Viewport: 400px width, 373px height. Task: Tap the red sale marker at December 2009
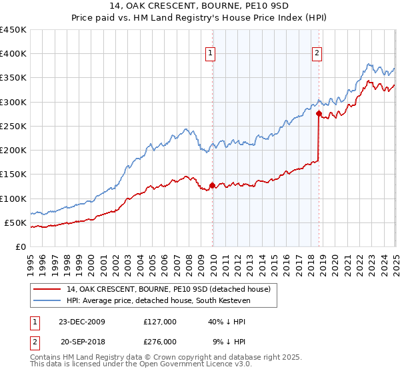click(212, 185)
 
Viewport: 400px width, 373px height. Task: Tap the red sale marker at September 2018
click(319, 113)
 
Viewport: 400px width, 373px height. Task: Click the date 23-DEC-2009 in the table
click(82, 322)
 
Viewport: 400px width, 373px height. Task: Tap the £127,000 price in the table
click(159, 322)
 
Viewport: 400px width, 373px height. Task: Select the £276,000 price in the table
click(159, 341)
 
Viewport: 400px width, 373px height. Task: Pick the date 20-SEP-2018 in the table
click(82, 341)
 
